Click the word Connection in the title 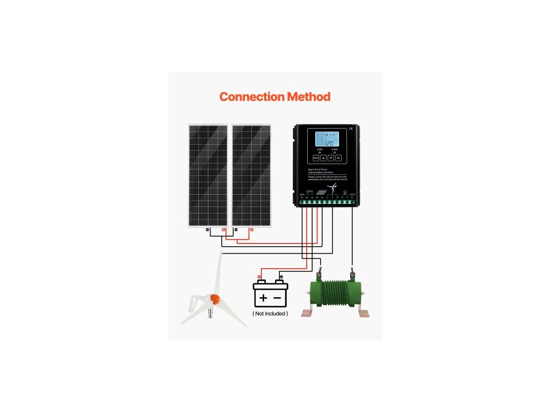[251, 97]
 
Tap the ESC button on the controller [316, 158]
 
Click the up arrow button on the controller [323, 158]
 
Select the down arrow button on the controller [331, 158]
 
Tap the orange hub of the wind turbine [215, 298]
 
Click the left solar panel [208, 175]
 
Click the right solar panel [251, 175]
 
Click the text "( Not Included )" [270, 313]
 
